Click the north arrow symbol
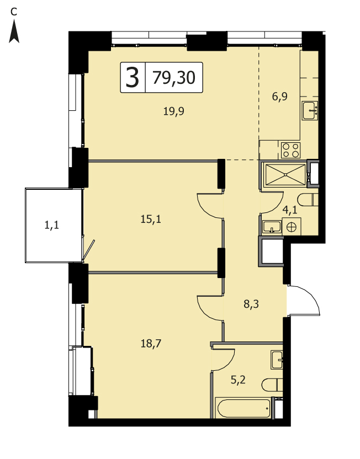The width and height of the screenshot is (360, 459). click(14, 31)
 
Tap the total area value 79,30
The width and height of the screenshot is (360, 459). click(174, 78)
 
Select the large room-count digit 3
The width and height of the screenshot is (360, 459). click(133, 78)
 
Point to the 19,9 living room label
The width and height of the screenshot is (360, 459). click(174, 111)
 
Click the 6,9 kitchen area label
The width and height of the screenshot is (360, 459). click(280, 97)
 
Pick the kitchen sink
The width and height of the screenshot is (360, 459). click(310, 110)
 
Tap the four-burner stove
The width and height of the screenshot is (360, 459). click(290, 150)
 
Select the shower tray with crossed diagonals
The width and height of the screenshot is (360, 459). click(285, 175)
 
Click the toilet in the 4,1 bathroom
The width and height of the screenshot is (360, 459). click(308, 200)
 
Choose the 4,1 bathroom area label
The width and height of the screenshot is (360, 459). click(290, 210)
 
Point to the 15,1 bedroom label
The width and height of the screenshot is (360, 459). click(151, 219)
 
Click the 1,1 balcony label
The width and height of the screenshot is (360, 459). click(51, 225)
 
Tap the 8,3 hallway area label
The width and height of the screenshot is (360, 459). click(251, 305)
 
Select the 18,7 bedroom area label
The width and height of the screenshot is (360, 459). click(151, 343)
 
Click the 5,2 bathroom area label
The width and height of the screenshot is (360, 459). click(238, 380)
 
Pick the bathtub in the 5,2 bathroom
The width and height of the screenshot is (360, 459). click(243, 408)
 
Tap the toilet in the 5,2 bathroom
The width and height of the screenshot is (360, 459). click(272, 385)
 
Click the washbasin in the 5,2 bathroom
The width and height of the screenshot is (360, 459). click(277, 360)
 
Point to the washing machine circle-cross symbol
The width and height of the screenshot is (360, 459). click(292, 227)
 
